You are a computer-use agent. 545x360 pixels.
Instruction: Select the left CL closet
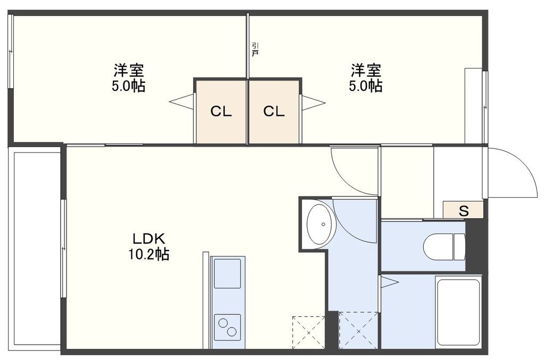(x=221, y=112)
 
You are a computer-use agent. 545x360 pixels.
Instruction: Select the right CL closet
(x=274, y=112)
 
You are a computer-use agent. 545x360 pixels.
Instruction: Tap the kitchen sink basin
(x=227, y=272)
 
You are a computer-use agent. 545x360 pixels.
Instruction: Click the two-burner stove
(x=227, y=325)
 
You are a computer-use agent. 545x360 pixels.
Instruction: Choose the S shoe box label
(x=464, y=210)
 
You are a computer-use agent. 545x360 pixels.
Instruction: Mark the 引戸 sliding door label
(x=255, y=49)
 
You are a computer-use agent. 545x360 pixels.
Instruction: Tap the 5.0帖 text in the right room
(x=365, y=86)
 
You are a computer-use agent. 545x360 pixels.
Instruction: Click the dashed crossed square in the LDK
(x=308, y=332)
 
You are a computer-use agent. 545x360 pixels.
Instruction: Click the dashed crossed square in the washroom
(x=358, y=330)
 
